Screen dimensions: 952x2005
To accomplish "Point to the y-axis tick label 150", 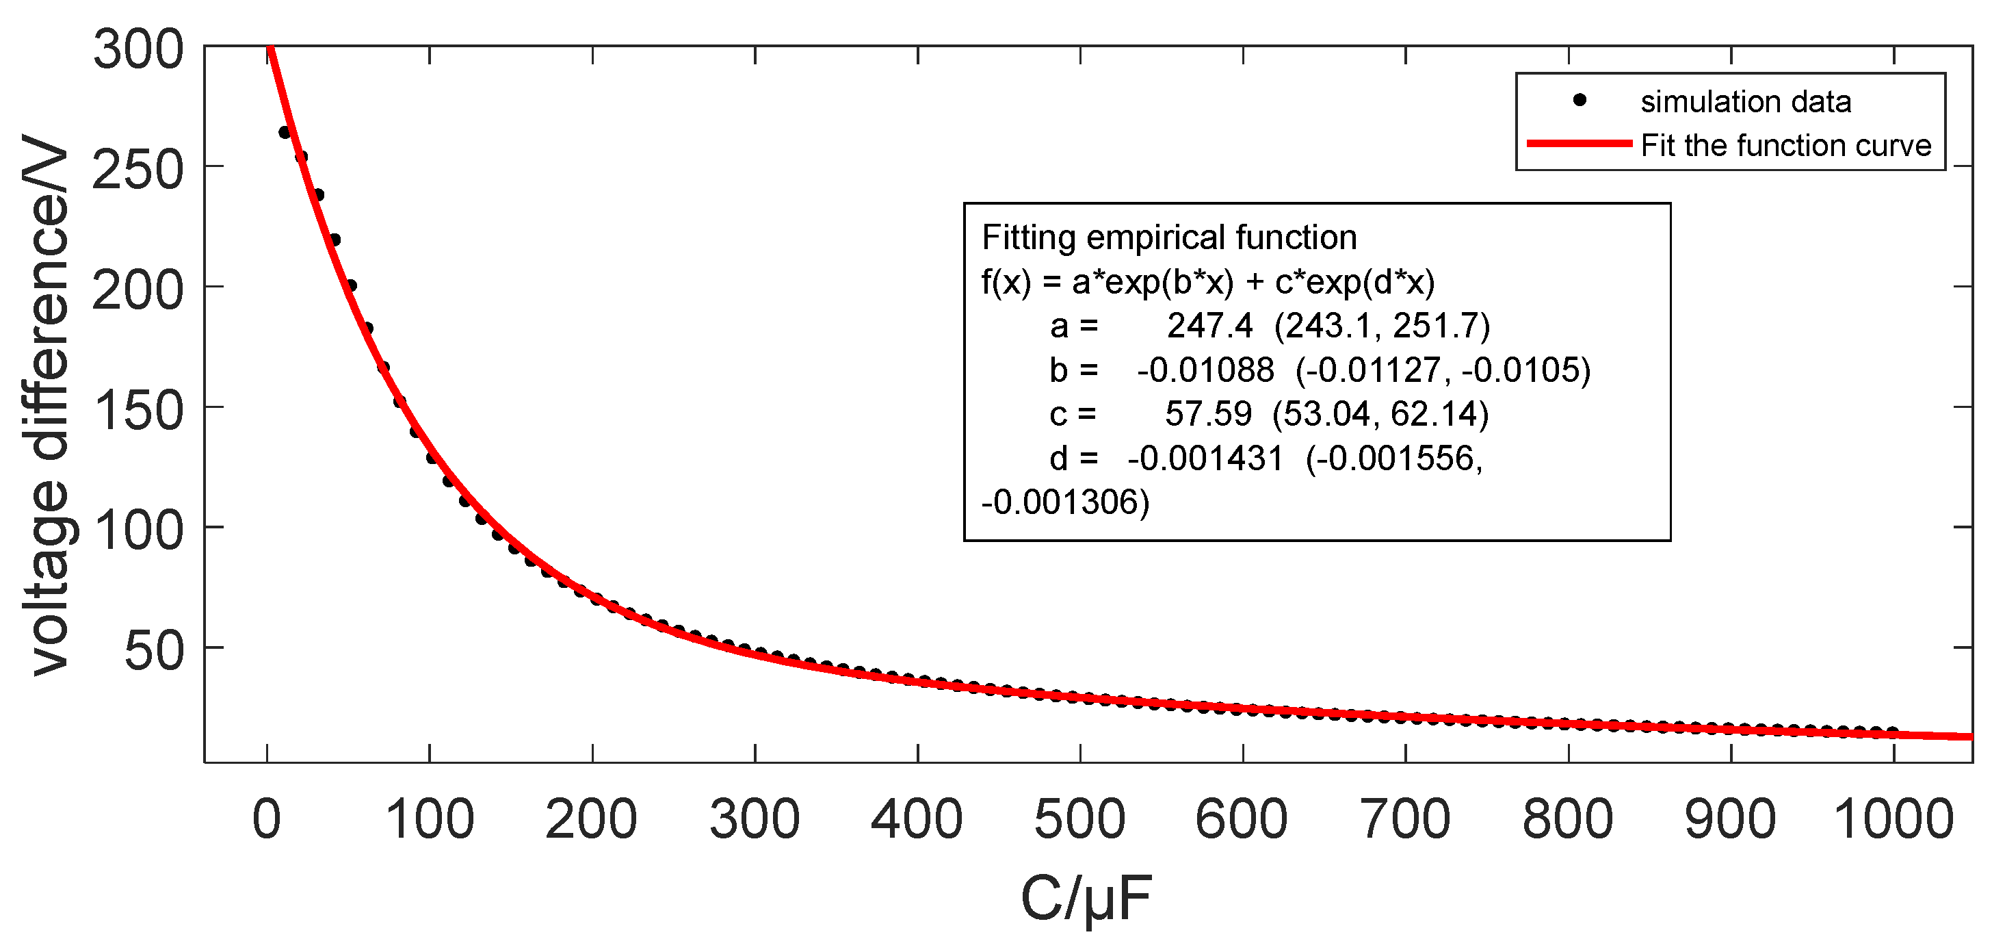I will [139, 410].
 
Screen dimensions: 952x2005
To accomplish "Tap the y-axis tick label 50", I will [154, 651].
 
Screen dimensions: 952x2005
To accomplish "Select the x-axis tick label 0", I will [267, 820].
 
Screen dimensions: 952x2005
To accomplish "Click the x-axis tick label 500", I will [1079, 820].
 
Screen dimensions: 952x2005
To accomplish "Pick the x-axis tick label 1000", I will [1893, 820].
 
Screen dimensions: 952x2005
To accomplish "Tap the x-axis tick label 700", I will [1405, 820].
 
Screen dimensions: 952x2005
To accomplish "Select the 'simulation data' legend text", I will [1745, 102].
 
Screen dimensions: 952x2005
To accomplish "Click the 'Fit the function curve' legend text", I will [1785, 146].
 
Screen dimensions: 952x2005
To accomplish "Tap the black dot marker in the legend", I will [1580, 100].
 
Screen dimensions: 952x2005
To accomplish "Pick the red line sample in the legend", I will [1580, 143].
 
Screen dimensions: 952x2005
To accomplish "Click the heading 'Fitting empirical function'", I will [1169, 237].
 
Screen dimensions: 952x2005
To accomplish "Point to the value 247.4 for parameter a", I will [1209, 325].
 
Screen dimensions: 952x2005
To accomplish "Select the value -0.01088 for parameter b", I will [1205, 370].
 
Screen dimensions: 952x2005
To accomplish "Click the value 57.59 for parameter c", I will [1208, 413].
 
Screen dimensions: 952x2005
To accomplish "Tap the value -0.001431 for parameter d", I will [1205, 458].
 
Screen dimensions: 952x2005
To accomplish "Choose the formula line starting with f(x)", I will [1208, 282].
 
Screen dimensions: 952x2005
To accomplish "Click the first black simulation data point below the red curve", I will [284, 132].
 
